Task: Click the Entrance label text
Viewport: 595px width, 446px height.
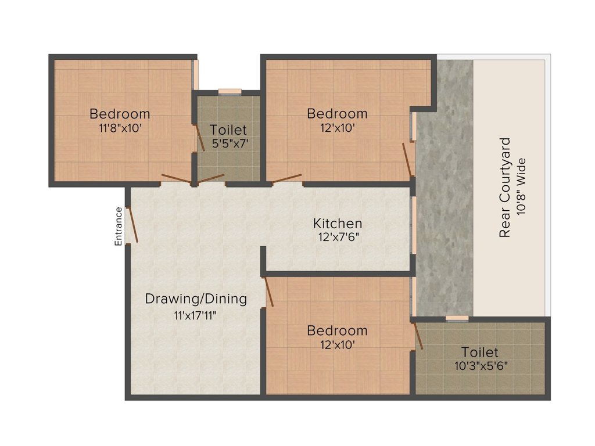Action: tap(119, 226)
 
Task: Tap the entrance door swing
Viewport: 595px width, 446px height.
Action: tap(132, 225)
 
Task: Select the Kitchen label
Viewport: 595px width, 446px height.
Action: tap(338, 223)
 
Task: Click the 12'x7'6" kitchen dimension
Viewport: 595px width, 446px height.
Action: tap(338, 237)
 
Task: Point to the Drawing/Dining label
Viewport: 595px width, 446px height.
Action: tap(196, 299)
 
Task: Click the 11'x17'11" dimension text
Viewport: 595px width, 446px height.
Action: tap(196, 315)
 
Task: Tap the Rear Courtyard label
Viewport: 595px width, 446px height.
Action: tap(505, 187)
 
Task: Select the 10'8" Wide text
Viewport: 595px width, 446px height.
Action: tap(521, 187)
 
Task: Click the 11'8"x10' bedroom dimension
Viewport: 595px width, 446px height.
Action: tap(120, 128)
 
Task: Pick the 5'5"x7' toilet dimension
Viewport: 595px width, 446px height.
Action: tap(228, 143)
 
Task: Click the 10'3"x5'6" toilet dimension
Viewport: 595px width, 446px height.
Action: tap(480, 366)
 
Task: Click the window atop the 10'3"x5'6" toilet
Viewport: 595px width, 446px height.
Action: tap(457, 318)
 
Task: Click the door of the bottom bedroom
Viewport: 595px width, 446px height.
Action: tap(269, 292)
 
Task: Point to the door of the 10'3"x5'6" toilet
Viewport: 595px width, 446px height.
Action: tap(418, 336)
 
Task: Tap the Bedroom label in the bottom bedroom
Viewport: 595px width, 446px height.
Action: tap(338, 330)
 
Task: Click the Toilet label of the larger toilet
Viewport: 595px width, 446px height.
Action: tap(480, 352)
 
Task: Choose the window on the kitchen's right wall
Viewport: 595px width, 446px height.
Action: tap(414, 225)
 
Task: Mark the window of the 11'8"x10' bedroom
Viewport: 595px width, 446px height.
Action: tap(196, 74)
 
